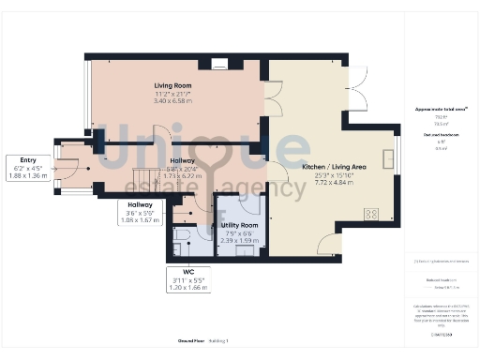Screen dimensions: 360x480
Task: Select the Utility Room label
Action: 238,226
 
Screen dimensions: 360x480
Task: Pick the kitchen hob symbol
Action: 370,214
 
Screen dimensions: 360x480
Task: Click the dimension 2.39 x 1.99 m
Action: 238,240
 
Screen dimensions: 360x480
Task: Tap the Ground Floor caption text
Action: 191,339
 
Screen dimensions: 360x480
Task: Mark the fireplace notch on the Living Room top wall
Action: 219,64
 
